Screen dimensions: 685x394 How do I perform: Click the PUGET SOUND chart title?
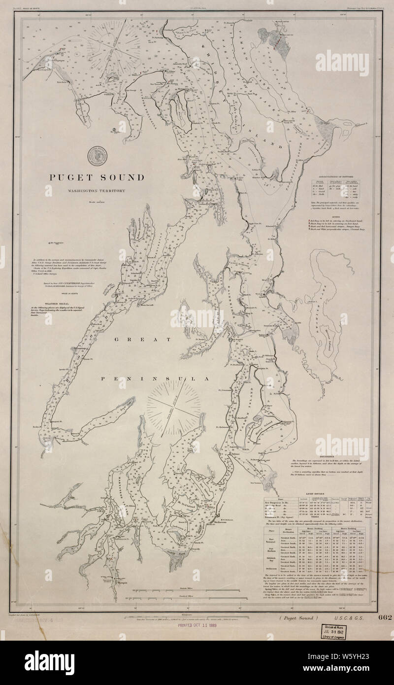(96, 177)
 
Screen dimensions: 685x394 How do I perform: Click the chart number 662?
(385, 617)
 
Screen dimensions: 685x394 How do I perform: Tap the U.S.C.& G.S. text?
(348, 617)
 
